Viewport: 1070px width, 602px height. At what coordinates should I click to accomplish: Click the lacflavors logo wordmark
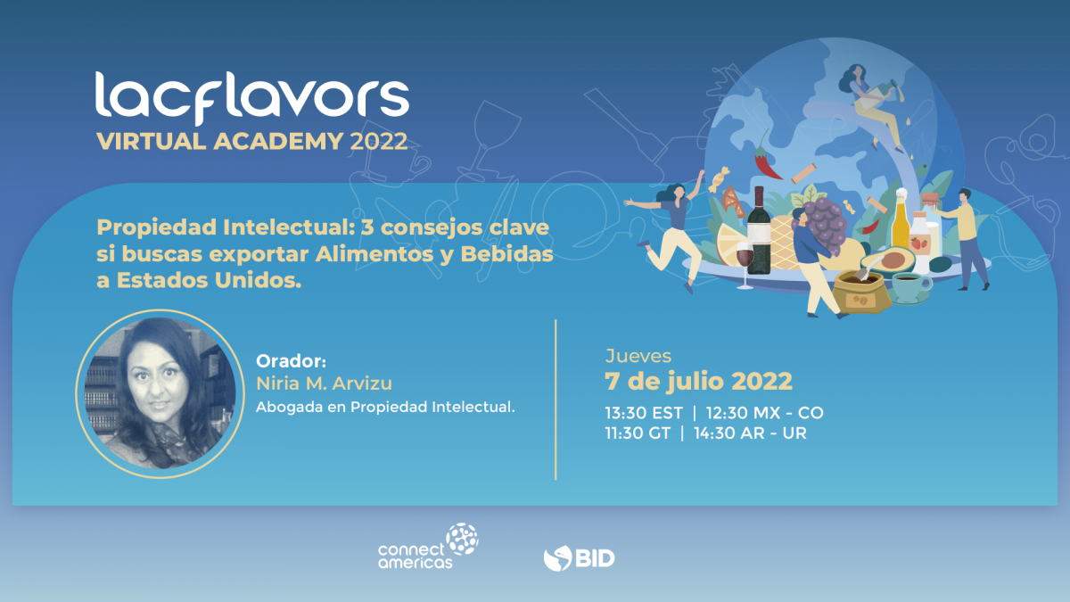(x=251, y=97)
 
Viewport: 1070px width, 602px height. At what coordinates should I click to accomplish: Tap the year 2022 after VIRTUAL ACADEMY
(x=378, y=142)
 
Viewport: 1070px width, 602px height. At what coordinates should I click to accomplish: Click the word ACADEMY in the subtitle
(x=278, y=142)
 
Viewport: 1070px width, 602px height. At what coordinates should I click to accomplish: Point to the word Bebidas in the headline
(x=506, y=253)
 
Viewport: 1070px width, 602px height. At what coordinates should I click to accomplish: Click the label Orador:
(x=291, y=361)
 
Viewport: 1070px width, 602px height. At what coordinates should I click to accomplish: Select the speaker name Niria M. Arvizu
(x=324, y=383)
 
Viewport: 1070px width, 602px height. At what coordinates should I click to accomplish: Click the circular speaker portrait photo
(x=160, y=393)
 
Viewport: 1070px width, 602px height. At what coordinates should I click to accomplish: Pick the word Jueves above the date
(x=638, y=356)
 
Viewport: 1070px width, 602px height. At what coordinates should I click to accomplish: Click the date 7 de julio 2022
(x=698, y=382)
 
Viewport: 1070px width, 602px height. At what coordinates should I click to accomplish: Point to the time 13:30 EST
(x=644, y=413)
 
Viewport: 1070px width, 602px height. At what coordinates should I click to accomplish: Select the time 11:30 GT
(x=638, y=433)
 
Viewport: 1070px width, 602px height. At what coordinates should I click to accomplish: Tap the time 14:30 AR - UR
(x=750, y=433)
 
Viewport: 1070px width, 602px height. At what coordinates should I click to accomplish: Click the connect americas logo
(x=428, y=546)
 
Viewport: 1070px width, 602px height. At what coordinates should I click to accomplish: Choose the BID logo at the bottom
(x=579, y=558)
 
